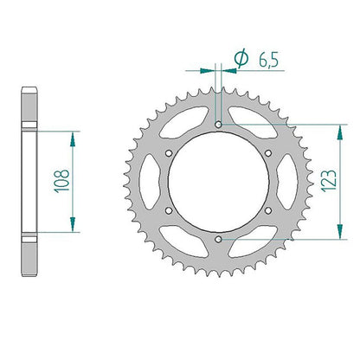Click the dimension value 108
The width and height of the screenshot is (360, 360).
coord(61,181)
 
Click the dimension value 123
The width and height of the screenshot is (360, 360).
coord(328,181)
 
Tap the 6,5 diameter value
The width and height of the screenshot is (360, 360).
coord(268,61)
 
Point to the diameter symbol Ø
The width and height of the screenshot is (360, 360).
coord(241,59)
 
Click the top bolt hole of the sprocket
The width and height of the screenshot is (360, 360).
coord(219,125)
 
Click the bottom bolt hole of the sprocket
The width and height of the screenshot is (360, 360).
coord(219,239)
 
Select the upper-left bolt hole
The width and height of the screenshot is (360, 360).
coord(169,153)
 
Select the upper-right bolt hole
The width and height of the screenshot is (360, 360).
coord(268,153)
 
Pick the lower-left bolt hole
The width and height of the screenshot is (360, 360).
coord(169,210)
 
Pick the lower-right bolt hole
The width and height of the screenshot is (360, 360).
coord(268,210)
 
